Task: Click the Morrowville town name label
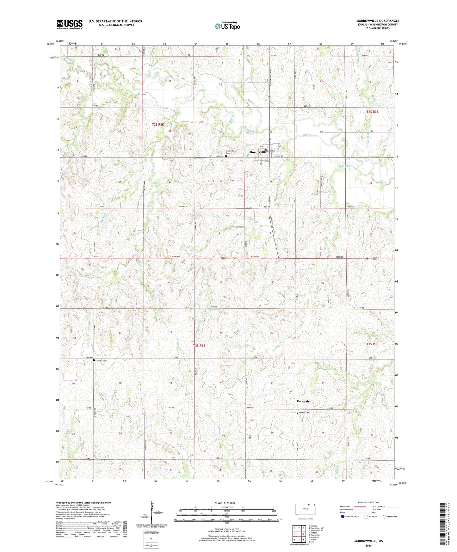click(258, 152)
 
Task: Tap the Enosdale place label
click(303, 401)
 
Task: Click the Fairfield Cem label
click(102, 361)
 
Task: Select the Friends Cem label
click(304, 413)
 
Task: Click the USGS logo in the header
click(70, 24)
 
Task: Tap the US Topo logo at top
click(227, 26)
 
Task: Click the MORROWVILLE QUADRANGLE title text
click(378, 21)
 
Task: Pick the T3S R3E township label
click(372, 344)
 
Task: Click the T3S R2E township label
click(199, 346)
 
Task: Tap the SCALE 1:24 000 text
click(225, 503)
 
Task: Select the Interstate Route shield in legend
click(343, 517)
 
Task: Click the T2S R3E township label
click(372, 112)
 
